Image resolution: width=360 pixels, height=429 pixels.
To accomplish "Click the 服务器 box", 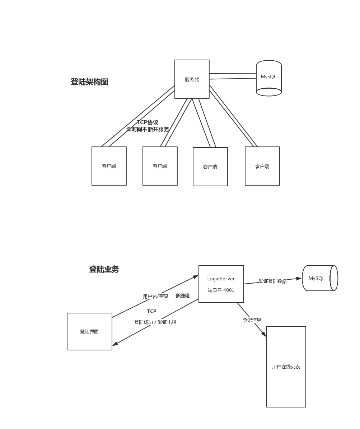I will point(192,79).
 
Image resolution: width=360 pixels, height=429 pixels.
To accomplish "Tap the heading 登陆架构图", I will point(89,82).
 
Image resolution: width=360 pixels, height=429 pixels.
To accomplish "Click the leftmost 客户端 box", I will point(109,166).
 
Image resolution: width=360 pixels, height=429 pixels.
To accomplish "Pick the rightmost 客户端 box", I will point(262,166).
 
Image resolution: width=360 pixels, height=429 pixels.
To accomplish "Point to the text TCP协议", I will point(147,122).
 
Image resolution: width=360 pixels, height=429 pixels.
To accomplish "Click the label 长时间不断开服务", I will point(147,129).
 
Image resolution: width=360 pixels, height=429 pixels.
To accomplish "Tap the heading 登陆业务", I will point(104,269).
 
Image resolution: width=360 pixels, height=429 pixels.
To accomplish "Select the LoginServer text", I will point(221,279).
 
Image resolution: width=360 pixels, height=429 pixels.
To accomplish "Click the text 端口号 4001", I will point(221,290).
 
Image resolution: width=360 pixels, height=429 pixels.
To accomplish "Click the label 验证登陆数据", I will point(272,281).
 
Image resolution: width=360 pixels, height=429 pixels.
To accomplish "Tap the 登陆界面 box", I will point(89,331).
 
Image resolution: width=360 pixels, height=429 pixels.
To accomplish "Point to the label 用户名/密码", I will point(155,297).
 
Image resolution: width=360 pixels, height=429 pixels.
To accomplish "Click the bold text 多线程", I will point(182,296).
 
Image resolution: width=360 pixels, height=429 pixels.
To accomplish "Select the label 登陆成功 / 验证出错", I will point(155,322).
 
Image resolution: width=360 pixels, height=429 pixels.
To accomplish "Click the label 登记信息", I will point(252,320).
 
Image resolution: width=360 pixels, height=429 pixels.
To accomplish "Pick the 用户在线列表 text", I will point(286,367).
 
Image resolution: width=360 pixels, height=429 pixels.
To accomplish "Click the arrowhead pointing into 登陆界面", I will point(115,344).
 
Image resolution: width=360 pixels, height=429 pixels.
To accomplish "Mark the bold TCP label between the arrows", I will point(151,311).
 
